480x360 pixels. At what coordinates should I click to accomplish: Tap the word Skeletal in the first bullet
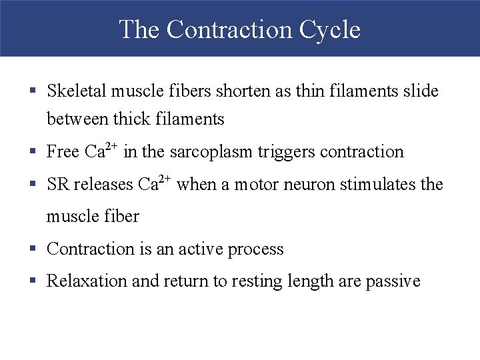(x=76, y=91)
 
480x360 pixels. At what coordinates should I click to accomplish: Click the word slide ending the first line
(x=421, y=91)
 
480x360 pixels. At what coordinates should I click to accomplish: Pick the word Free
(x=63, y=152)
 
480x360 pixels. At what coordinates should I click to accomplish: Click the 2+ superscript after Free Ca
(x=112, y=146)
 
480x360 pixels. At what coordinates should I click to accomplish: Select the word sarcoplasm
(x=208, y=152)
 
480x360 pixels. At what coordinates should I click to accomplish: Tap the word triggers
(x=283, y=153)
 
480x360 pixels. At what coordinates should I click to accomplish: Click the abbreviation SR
(x=58, y=185)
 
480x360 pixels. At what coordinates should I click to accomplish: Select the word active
(x=199, y=249)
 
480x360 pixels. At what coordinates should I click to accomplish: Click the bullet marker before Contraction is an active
(x=32, y=249)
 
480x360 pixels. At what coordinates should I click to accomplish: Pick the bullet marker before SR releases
(x=32, y=185)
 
